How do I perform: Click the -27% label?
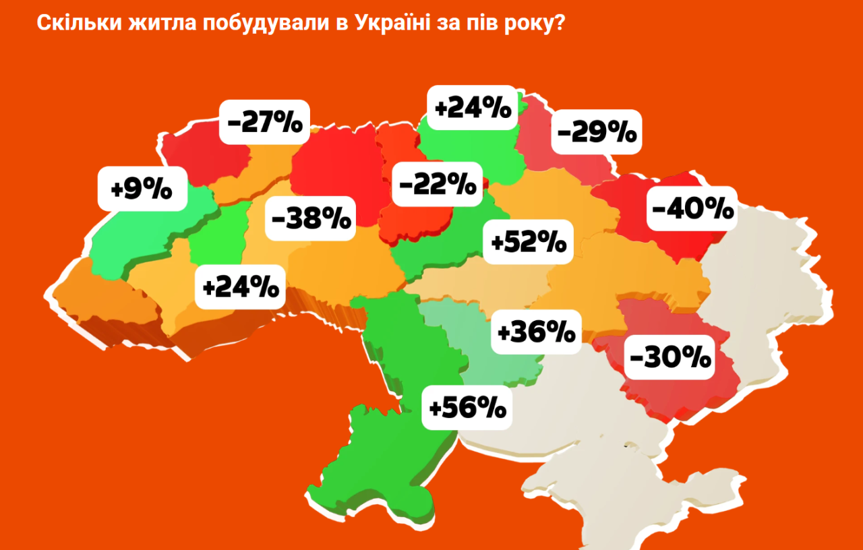pyautogui.click(x=265, y=122)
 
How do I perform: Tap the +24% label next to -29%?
pyautogui.click(x=473, y=109)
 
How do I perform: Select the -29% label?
pyautogui.click(x=597, y=132)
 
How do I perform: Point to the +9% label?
pyautogui.click(x=142, y=188)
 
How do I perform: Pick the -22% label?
pyautogui.click(x=437, y=183)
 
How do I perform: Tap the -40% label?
pyautogui.click(x=692, y=209)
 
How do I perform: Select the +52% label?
pyautogui.click(x=529, y=241)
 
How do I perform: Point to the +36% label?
pyautogui.click(x=536, y=331)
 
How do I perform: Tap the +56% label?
pyautogui.click(x=467, y=406)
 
